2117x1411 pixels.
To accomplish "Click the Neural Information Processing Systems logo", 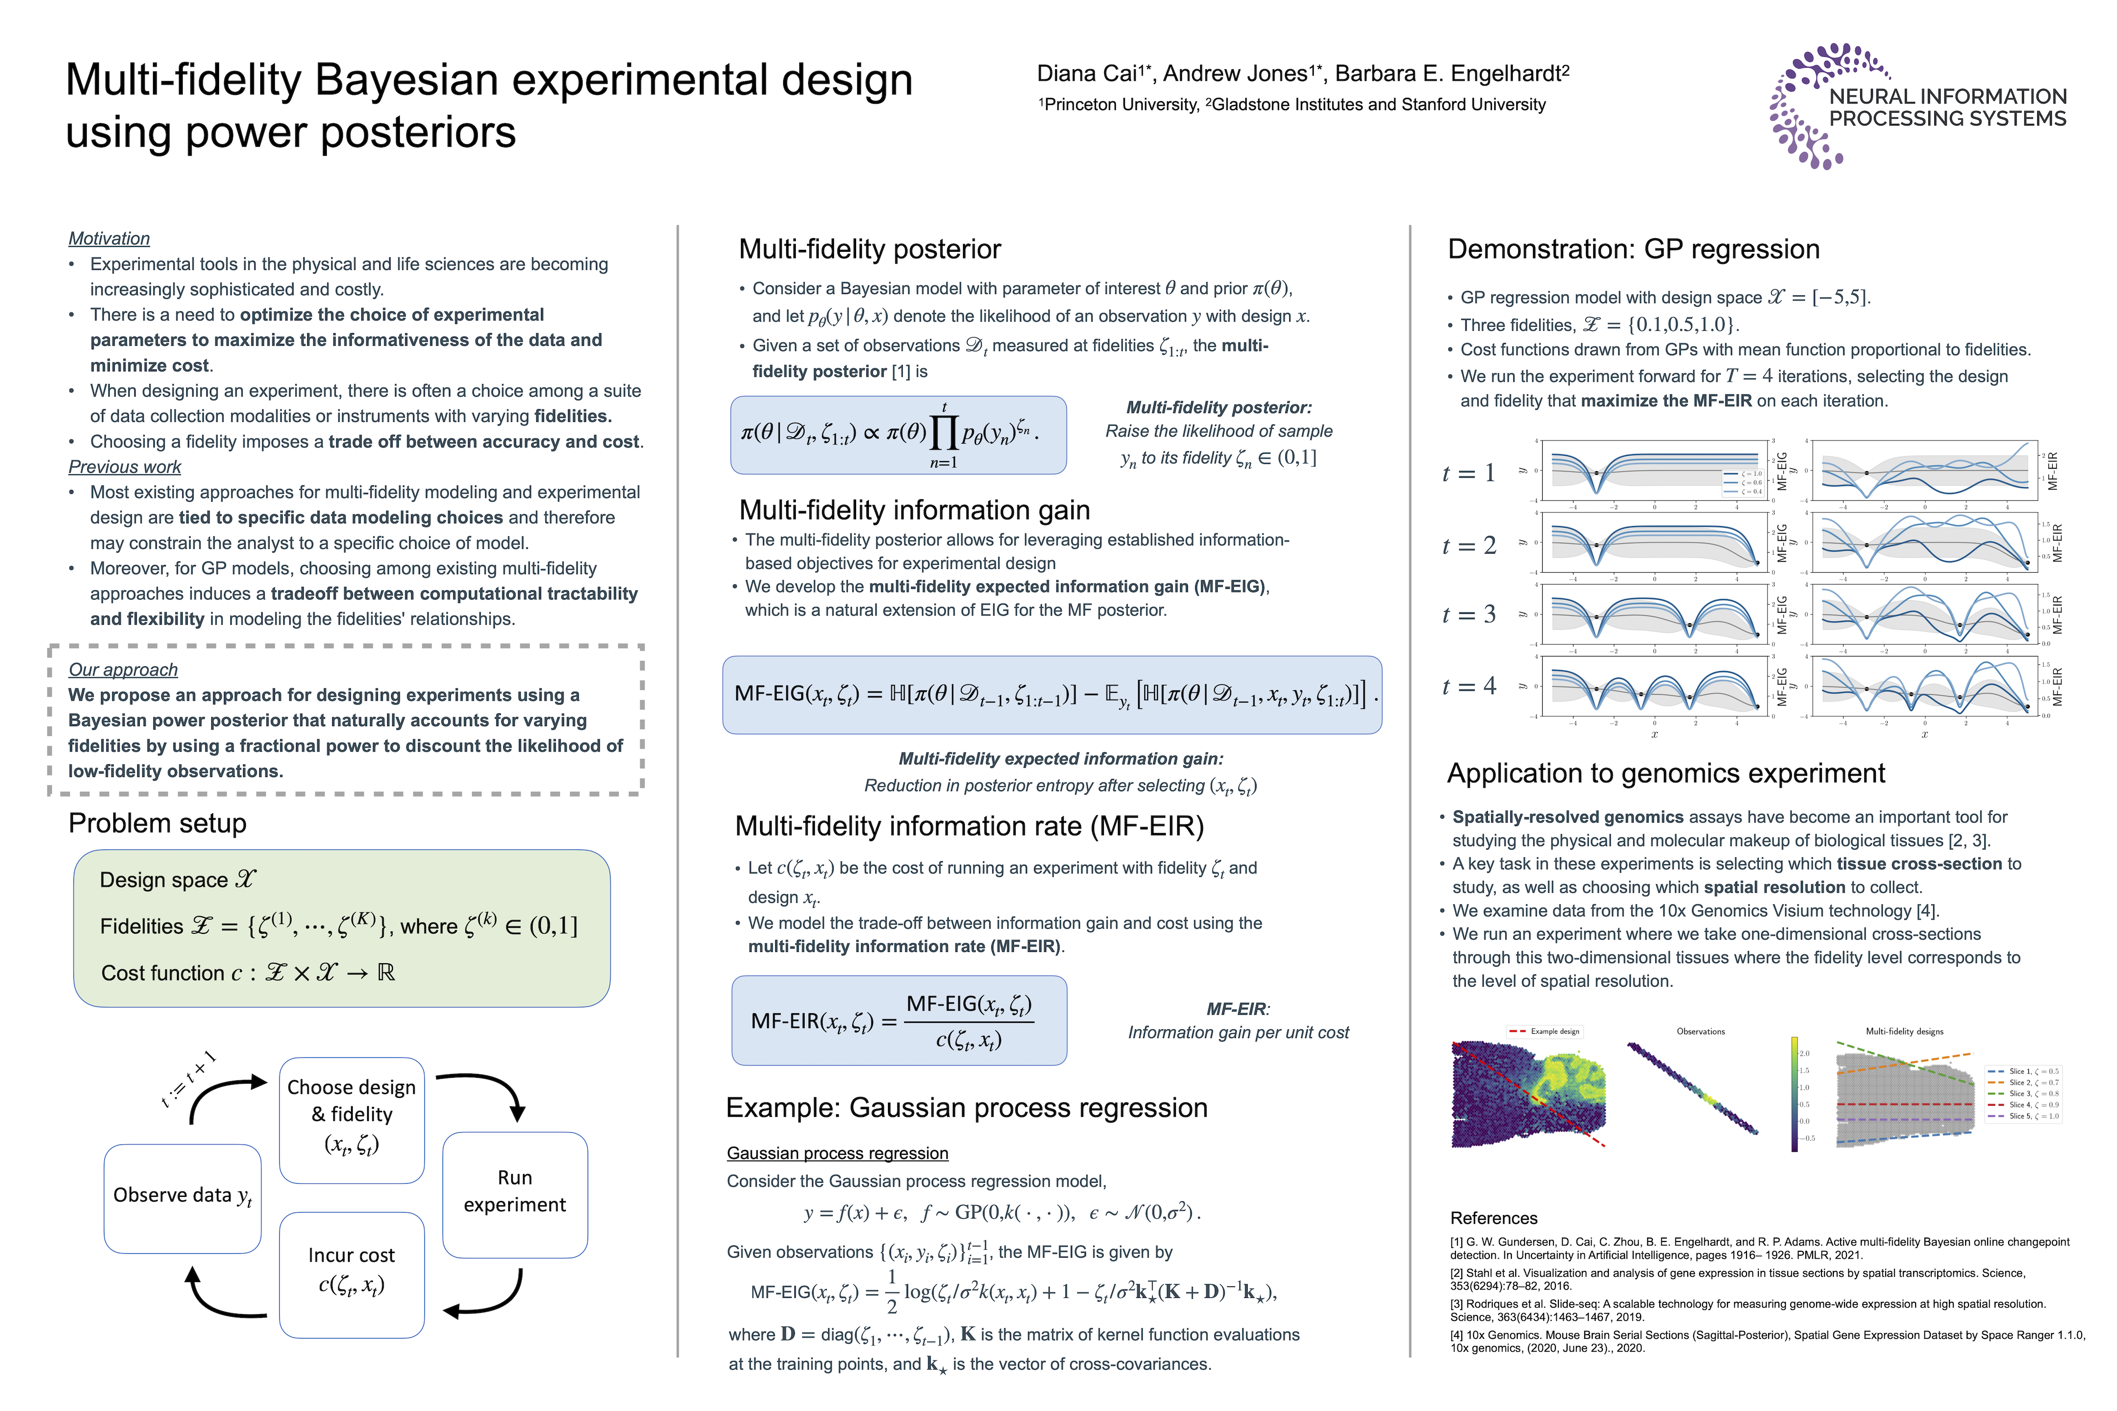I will [1917, 106].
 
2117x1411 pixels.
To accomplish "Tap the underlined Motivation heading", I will [109, 239].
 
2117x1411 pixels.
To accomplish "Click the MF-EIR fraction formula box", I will [898, 1021].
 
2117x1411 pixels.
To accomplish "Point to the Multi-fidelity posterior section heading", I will [869, 249].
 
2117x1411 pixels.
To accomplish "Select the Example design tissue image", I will [1528, 1094].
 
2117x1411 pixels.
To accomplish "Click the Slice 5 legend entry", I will [2022, 1116].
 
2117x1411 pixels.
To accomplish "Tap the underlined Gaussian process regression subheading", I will [837, 1154].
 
